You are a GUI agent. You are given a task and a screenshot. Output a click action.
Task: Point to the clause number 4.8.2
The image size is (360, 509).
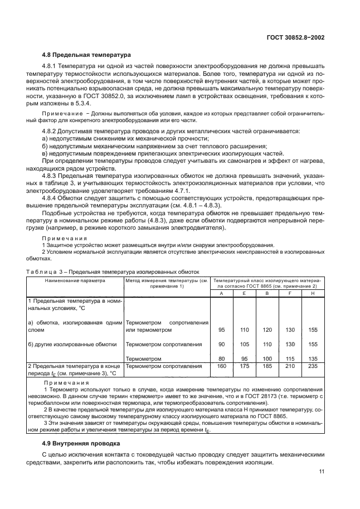click(52, 131)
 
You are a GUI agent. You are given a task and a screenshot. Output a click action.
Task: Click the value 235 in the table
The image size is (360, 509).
click(313, 366)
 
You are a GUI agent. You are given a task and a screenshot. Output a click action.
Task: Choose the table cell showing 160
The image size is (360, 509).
click(221, 366)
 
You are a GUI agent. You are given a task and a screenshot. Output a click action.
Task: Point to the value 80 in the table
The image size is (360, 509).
click(221, 358)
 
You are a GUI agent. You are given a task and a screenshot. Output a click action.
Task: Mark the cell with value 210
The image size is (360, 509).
click(290, 366)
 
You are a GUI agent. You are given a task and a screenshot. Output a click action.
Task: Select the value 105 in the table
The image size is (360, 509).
click(244, 345)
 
